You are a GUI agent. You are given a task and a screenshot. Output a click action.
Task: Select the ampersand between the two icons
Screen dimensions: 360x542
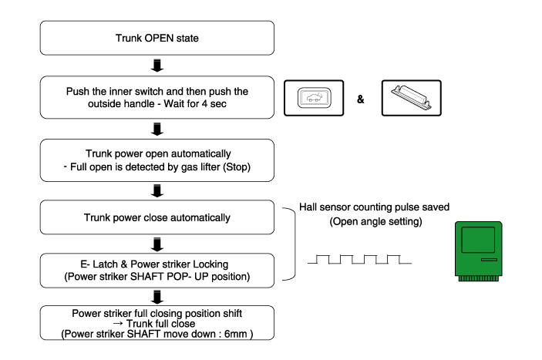point(360,100)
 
